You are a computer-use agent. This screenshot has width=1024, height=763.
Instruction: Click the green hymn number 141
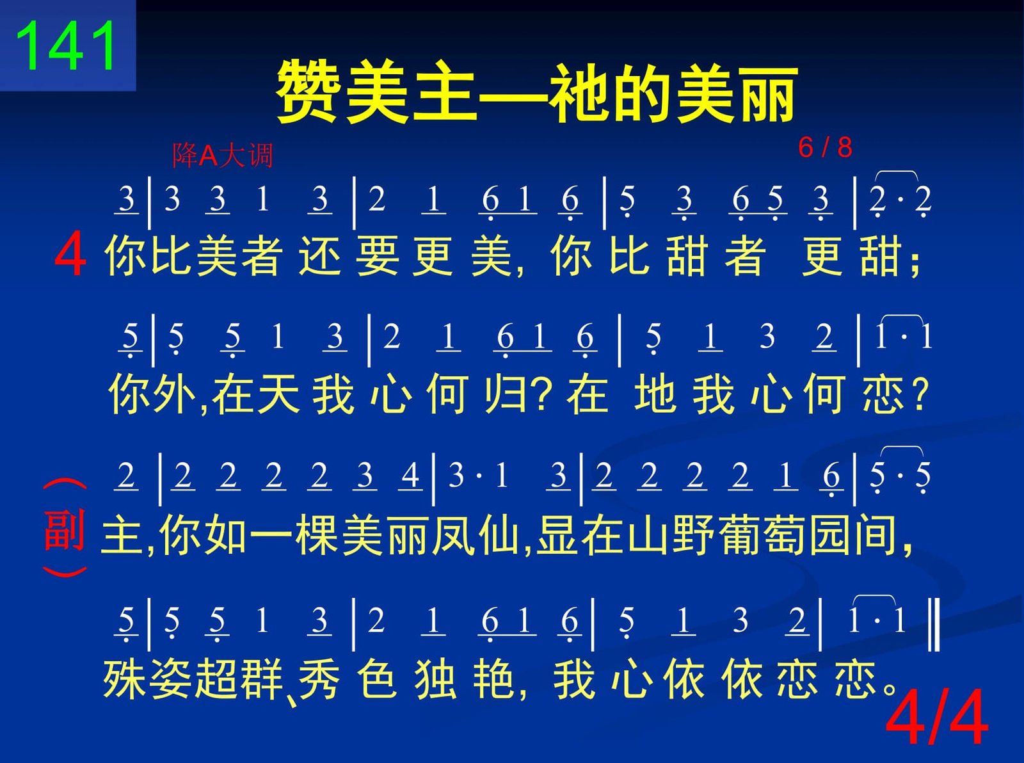click(x=66, y=45)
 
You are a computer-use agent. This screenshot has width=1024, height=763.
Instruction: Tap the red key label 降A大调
click(x=222, y=155)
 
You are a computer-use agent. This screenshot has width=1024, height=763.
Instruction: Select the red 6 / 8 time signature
click(x=825, y=147)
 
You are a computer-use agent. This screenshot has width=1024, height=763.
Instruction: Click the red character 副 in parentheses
click(x=64, y=530)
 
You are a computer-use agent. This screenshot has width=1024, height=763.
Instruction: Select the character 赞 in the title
click(x=307, y=93)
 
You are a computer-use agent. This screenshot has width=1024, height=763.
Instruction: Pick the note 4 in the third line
click(x=410, y=475)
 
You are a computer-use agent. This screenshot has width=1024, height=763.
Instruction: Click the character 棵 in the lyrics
click(x=317, y=535)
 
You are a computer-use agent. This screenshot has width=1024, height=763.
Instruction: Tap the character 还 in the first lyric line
click(x=320, y=255)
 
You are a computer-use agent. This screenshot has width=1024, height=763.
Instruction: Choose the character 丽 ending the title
click(x=767, y=93)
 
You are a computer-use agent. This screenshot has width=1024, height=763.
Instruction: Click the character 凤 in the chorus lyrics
click(x=453, y=535)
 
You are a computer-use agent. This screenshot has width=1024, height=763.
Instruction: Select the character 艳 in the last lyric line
click(x=493, y=679)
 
